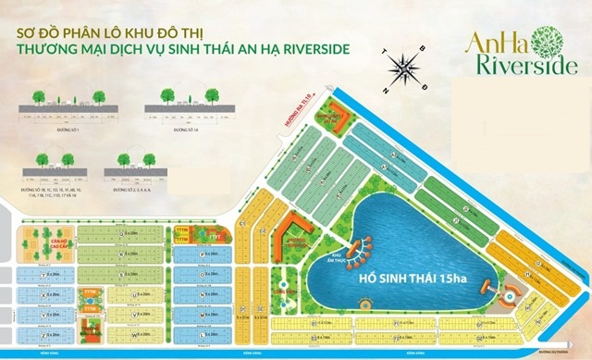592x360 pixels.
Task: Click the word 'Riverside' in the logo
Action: click(x=523, y=66)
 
